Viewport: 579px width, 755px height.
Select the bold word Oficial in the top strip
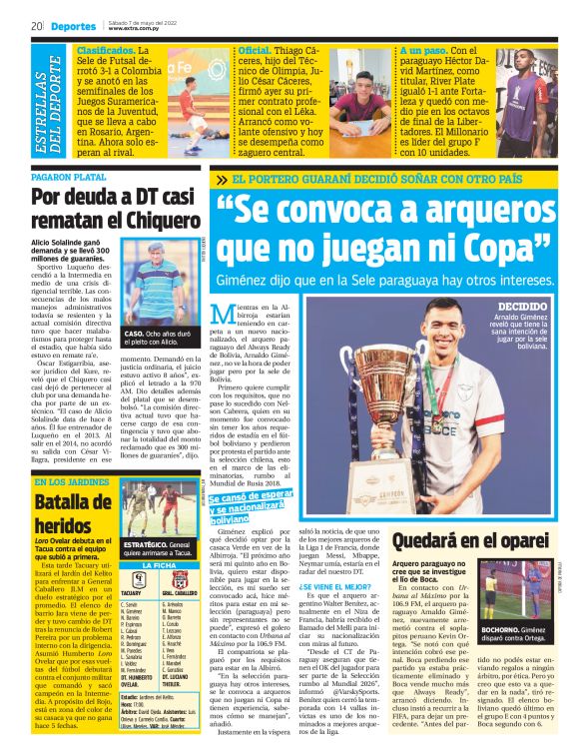tap(255, 49)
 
